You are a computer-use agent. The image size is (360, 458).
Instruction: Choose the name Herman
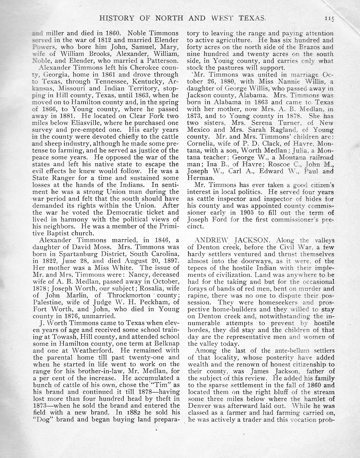tap(200, 178)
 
